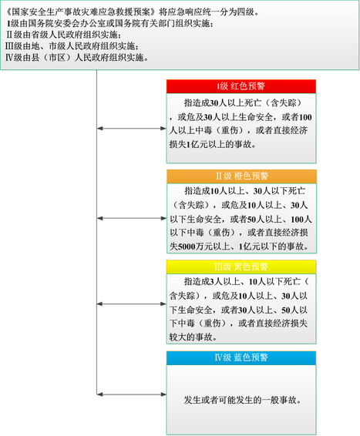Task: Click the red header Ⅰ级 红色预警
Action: pos(241,86)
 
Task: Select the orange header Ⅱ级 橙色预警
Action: pos(241,176)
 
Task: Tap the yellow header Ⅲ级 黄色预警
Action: pos(241,267)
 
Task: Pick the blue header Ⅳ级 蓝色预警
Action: pos(241,357)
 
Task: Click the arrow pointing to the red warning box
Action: pos(132,128)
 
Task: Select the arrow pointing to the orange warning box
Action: pos(132,218)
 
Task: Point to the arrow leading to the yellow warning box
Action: pos(132,304)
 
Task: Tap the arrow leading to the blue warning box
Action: pos(132,394)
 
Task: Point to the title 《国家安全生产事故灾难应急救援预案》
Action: pos(81,12)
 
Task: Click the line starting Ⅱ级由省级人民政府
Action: pos(63,35)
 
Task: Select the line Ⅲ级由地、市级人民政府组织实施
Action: pos(72,46)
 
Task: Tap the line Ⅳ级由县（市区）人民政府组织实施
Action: pos(77,58)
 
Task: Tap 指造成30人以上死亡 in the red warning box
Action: pos(222,103)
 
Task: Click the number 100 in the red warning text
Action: pos(305,117)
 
